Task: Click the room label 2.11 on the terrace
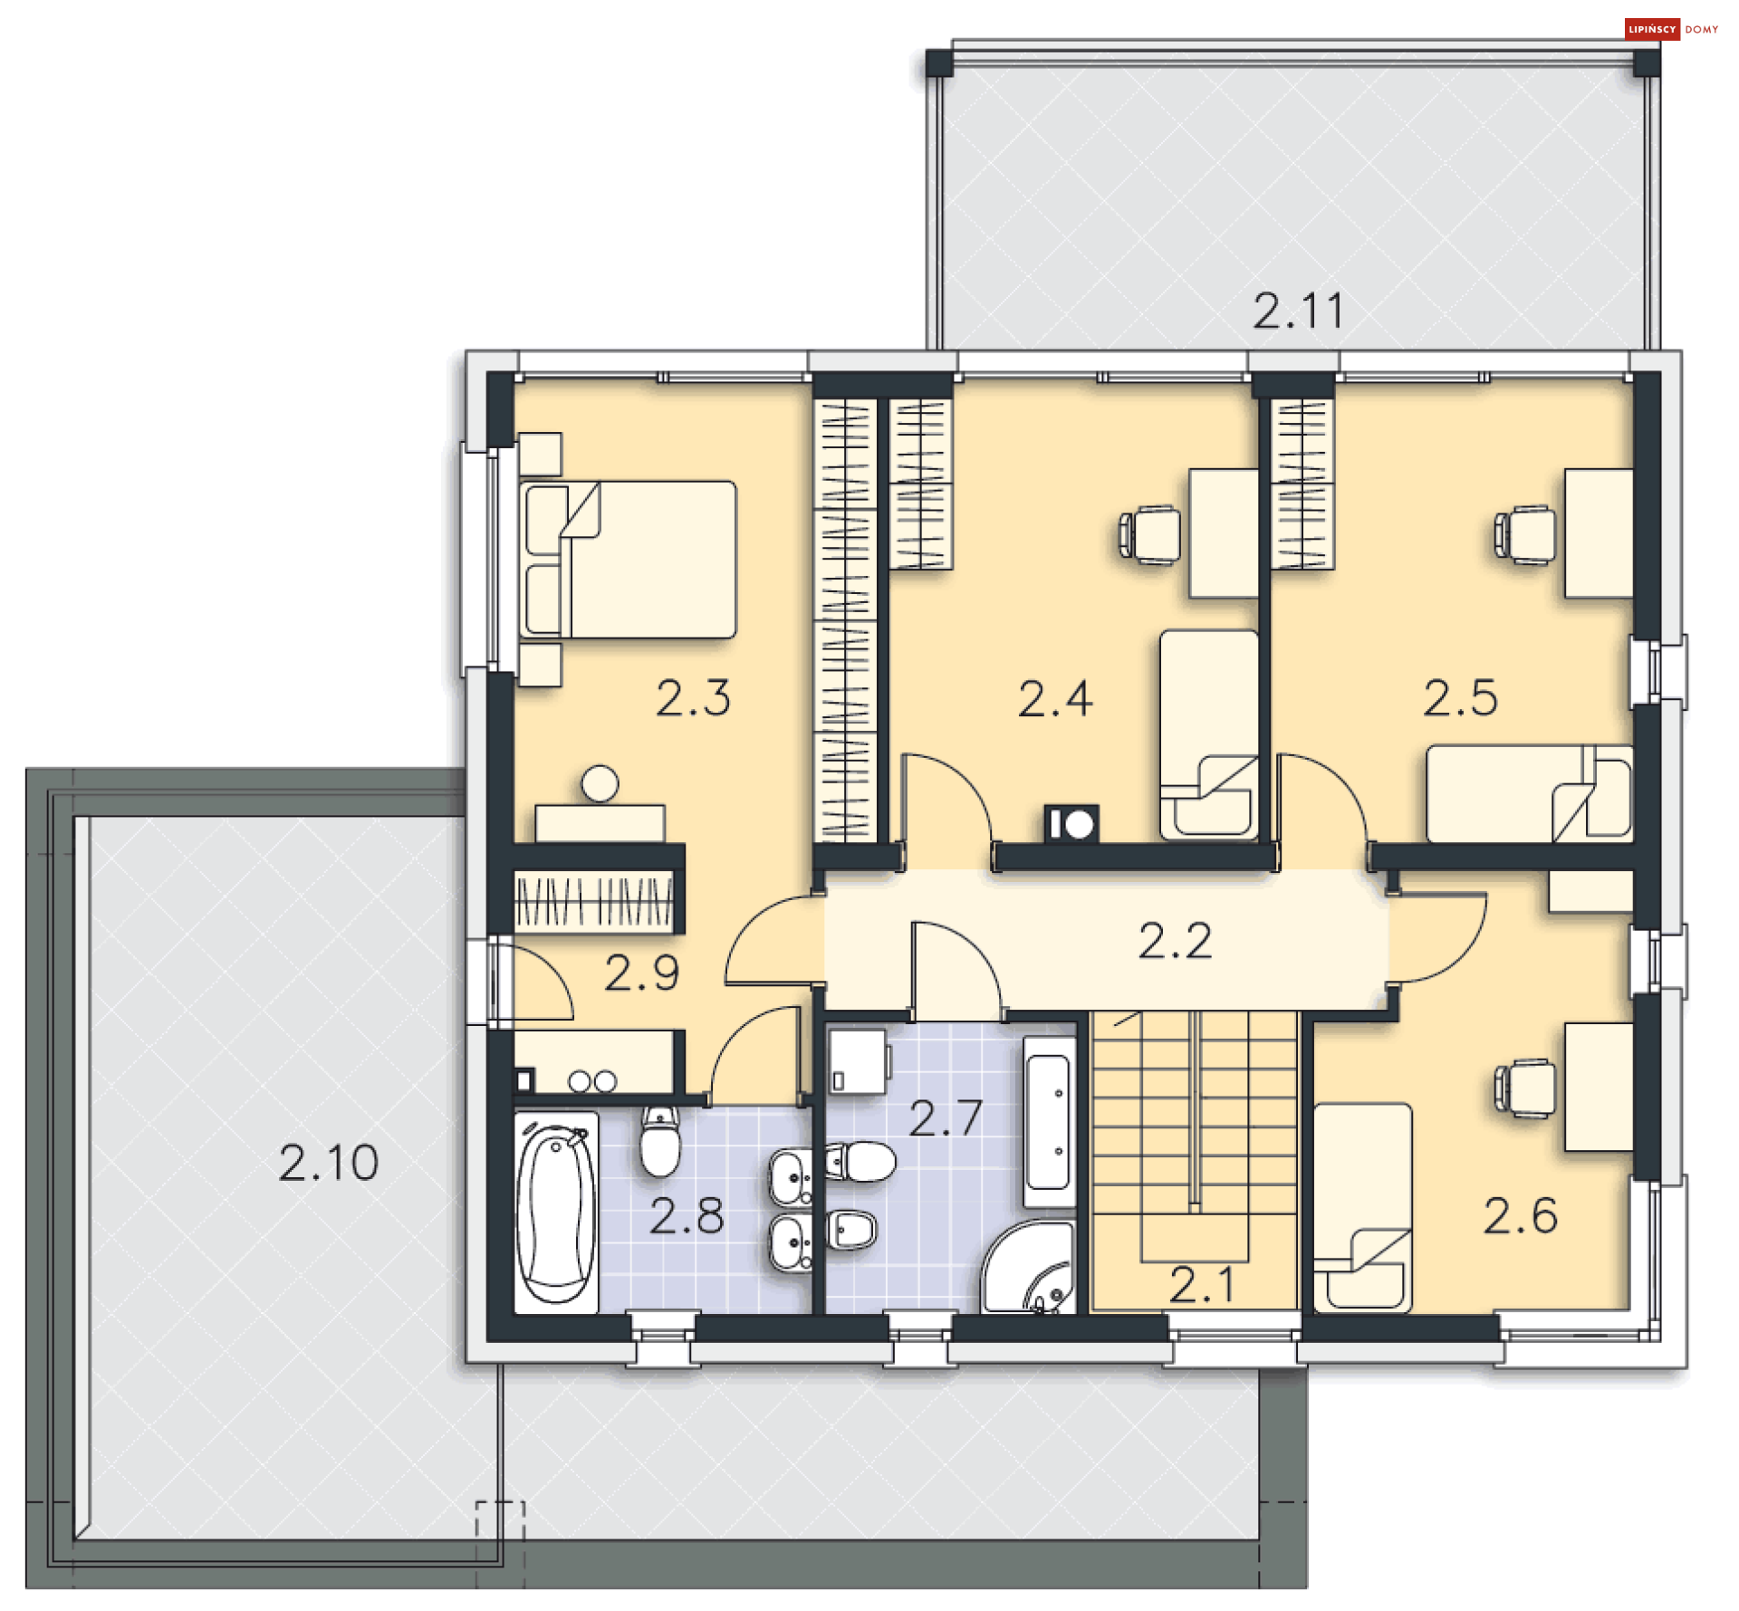pos(1297,311)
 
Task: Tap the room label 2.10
pos(328,1162)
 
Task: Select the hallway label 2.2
pos(1174,941)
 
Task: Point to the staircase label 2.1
pos(1201,1284)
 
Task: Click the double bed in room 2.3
pos(629,560)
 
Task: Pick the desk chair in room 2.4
pos(1150,534)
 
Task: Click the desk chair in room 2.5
pos(1526,534)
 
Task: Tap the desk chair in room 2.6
pos(1526,1088)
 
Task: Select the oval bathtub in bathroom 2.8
pos(556,1212)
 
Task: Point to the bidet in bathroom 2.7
pos(851,1230)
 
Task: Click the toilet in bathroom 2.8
pos(659,1143)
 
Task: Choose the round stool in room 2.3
pos(600,783)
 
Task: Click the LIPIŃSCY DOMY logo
pos(1671,29)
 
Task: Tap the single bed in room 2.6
pos(1362,1206)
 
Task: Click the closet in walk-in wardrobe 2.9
pos(594,901)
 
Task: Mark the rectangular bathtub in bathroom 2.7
pos(1049,1123)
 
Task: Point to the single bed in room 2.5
pos(1529,793)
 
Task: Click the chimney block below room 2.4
pos(1071,824)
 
